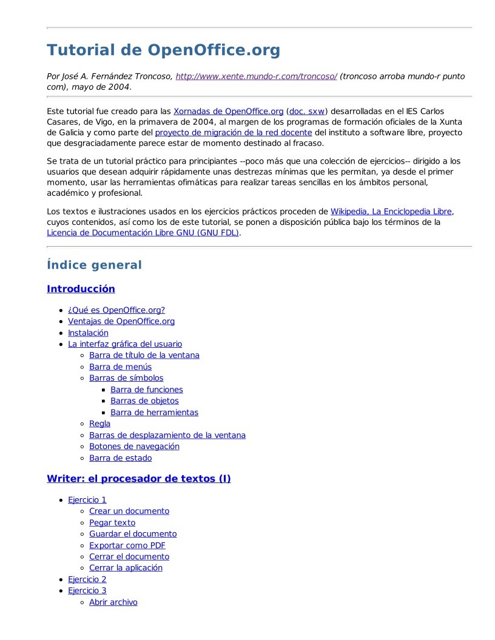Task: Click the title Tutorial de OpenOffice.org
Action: (163, 50)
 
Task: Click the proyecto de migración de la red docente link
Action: (234, 132)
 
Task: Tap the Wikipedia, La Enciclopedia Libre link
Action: (391, 212)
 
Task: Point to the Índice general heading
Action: (94, 265)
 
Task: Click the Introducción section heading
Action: (81, 288)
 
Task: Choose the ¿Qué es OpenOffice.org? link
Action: (116, 310)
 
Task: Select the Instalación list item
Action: (88, 333)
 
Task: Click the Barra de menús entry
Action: (120, 367)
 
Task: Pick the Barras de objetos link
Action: (144, 401)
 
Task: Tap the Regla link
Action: (99, 424)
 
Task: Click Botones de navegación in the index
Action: (134, 446)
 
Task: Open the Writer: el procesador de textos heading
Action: (138, 479)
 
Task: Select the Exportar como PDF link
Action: (127, 545)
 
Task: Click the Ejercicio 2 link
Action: (87, 579)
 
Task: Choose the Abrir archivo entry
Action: (113, 602)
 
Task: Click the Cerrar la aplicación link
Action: (126, 568)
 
